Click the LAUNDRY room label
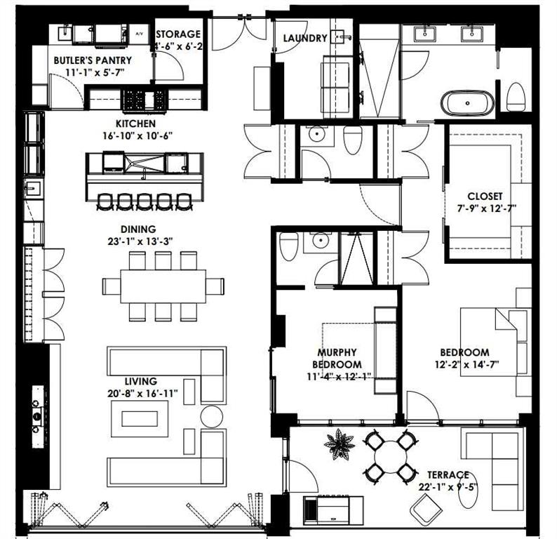point(304,39)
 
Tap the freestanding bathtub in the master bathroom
point(467,103)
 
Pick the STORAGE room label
point(178,34)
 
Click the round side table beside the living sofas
point(211,416)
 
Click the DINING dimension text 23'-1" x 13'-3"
point(137,241)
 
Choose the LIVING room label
point(140,381)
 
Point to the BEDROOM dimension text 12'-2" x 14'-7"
point(464,365)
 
